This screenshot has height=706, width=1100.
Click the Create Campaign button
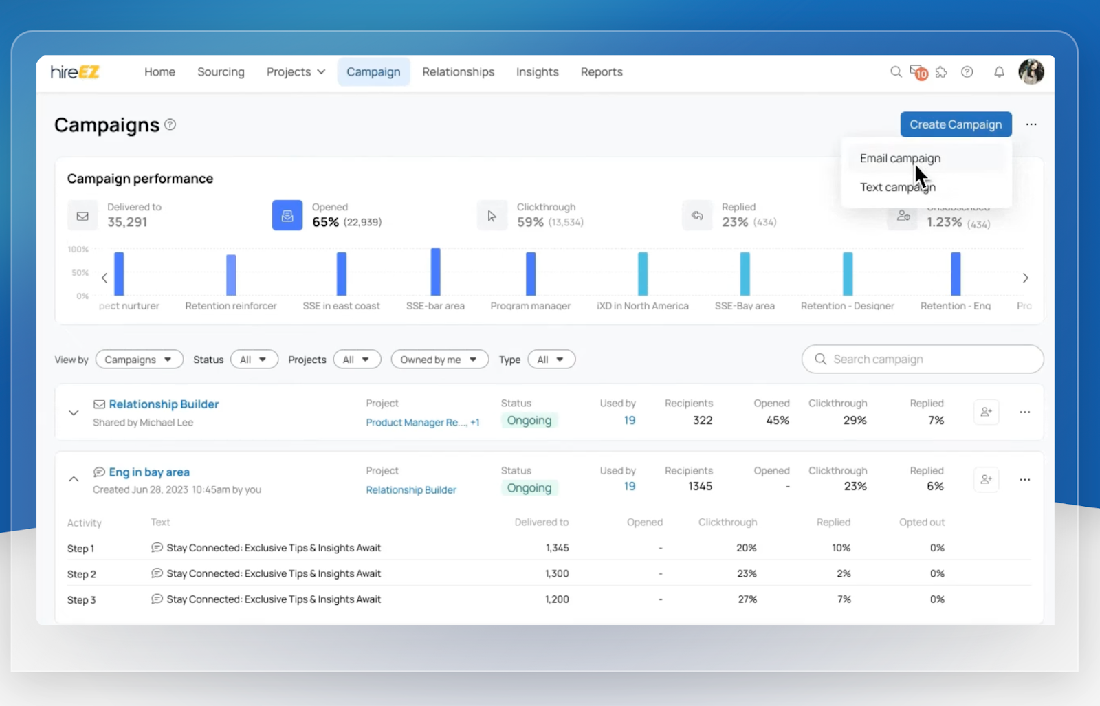click(x=956, y=124)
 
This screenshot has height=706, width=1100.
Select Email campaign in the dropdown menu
click(x=900, y=158)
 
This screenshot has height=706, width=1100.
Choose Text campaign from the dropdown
click(x=897, y=187)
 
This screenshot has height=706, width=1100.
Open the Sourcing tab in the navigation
click(x=221, y=72)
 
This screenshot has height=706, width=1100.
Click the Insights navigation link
click(x=537, y=72)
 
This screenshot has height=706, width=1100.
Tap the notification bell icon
click(x=999, y=72)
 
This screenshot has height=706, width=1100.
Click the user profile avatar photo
click(x=1031, y=71)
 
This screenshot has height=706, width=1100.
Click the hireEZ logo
click(x=75, y=72)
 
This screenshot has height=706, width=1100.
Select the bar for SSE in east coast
click(x=342, y=274)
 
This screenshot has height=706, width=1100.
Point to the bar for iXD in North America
click(x=643, y=274)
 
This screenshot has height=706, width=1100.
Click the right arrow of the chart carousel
click(x=1025, y=278)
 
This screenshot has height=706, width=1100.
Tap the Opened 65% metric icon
click(x=287, y=215)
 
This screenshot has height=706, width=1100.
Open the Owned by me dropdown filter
click(x=439, y=360)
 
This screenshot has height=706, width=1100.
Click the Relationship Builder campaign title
click(x=164, y=404)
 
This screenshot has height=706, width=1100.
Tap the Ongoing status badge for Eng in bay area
click(x=529, y=488)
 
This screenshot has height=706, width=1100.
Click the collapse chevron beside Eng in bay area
click(x=74, y=479)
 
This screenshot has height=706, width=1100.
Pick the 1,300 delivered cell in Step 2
click(x=557, y=573)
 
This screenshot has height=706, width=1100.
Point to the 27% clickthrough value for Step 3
click(x=747, y=599)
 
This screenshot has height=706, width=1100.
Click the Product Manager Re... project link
click(x=416, y=422)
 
